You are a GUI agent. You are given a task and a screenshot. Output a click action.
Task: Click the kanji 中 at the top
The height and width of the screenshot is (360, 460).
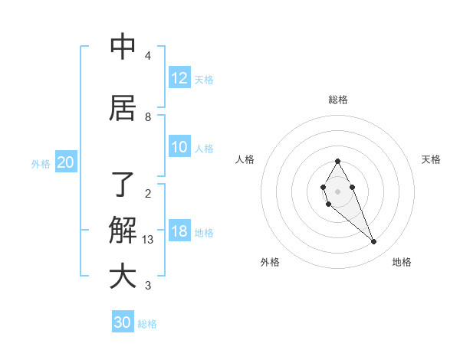tap(123, 47)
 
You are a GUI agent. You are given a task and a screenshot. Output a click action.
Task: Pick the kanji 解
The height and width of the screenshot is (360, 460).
tap(123, 229)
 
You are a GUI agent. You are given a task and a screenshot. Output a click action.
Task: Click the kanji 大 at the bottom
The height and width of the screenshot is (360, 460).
tap(123, 276)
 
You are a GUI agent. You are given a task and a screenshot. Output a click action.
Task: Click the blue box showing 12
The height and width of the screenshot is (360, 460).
tap(179, 78)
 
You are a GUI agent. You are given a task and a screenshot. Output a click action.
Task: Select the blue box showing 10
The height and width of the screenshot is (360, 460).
tap(179, 148)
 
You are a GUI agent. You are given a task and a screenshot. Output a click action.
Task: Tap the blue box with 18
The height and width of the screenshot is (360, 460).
tap(179, 232)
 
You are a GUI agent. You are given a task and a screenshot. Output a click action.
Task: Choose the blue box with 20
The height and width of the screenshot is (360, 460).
tap(65, 162)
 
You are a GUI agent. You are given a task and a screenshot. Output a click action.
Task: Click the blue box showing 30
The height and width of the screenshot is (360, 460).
tap(123, 322)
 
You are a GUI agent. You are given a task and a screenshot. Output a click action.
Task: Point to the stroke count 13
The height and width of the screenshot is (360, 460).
tap(148, 240)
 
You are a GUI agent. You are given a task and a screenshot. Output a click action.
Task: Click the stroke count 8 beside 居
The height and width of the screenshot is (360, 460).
tap(148, 117)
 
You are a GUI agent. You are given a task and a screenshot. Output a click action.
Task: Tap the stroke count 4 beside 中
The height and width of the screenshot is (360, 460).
tap(148, 56)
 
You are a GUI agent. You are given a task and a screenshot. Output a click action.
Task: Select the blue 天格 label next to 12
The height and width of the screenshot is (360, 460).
tap(204, 79)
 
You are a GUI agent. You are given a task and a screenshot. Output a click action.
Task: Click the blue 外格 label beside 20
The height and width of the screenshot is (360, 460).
tap(41, 163)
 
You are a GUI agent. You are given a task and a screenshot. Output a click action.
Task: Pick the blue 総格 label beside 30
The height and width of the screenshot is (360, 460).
tap(147, 323)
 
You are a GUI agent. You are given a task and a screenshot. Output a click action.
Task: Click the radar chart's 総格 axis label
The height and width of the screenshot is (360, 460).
tap(337, 100)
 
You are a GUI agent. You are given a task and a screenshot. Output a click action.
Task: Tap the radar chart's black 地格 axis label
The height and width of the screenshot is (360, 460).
tap(402, 262)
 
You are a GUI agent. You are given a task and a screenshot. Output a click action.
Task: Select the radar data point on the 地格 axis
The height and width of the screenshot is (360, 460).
tap(374, 242)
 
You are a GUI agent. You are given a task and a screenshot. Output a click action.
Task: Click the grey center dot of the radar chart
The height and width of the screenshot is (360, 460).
tap(337, 191)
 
